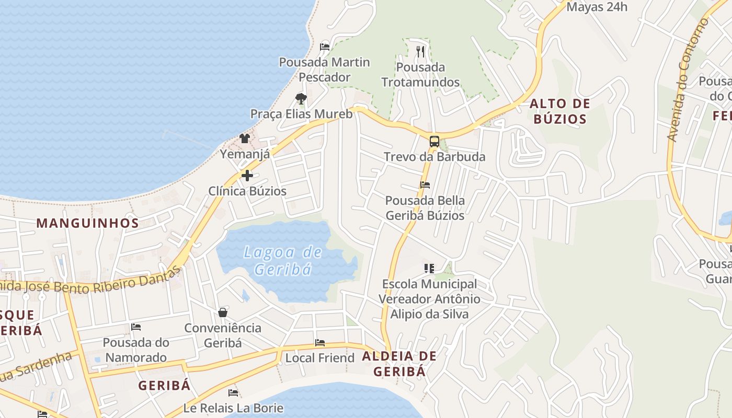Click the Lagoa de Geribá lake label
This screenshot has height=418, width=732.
tap(283, 260)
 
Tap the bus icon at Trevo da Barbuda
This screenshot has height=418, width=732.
tap(434, 141)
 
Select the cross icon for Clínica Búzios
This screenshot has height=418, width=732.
tap(247, 176)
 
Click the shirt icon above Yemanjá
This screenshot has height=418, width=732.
tap(244, 138)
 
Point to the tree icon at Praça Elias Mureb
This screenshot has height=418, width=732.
tap(301, 98)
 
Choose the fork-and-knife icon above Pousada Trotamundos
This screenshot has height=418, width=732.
tap(420, 51)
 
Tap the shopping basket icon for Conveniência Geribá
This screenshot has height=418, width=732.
tap(223, 312)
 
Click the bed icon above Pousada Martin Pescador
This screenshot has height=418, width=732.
tap(324, 47)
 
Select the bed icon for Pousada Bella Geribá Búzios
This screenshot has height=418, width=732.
tap(425, 185)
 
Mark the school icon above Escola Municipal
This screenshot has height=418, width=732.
tap(429, 269)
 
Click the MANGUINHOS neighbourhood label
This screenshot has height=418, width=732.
tap(87, 223)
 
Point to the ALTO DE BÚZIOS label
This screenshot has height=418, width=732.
tap(559, 111)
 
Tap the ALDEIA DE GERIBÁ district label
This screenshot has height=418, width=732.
tap(399, 364)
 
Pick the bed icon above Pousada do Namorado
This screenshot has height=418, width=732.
tap(136, 327)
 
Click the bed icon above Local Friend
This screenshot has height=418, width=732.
tap(320, 343)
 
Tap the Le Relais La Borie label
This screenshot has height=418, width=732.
tap(233, 408)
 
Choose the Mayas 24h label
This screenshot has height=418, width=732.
tap(597, 7)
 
